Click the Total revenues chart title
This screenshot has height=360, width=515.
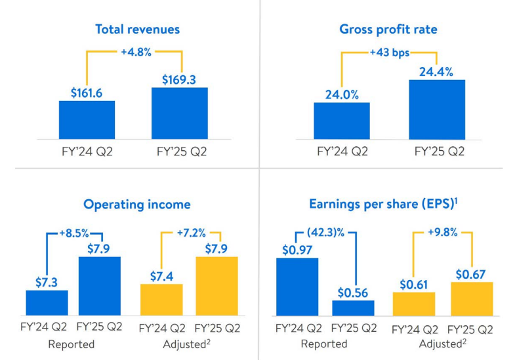pyautogui.click(x=137, y=30)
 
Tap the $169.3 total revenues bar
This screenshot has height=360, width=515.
pyautogui.click(x=179, y=112)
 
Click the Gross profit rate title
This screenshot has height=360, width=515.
pyautogui.click(x=388, y=30)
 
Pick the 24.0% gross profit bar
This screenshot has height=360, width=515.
pyautogui.click(x=341, y=120)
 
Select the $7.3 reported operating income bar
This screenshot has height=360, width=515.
pyautogui.click(x=47, y=302)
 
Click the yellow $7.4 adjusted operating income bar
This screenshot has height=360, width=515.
pyautogui.click(x=161, y=299)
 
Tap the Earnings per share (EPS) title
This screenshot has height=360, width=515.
pyautogui.click(x=382, y=204)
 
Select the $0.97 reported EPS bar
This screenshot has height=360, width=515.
pyautogui.click(x=297, y=287)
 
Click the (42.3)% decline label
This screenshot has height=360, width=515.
pyautogui.click(x=326, y=233)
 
